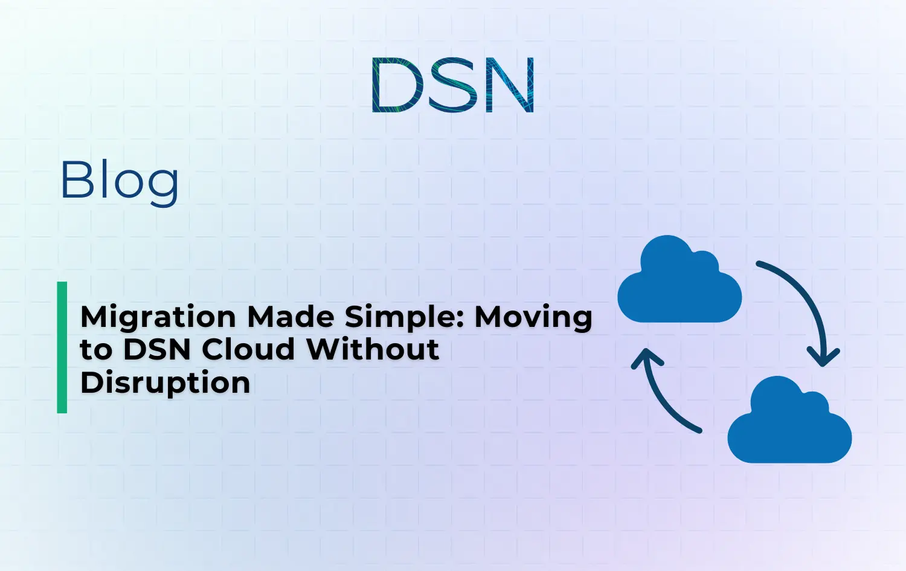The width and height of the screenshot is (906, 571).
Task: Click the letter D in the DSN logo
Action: tap(395, 85)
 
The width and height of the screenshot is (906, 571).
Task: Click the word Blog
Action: tap(119, 180)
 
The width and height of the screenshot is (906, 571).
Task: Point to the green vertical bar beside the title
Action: tap(62, 347)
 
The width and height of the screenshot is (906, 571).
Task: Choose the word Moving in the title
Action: tap(533, 317)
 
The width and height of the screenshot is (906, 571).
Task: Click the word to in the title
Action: tap(96, 350)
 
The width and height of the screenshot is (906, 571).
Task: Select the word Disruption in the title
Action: tap(165, 383)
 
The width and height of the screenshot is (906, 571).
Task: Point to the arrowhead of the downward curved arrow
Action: tap(823, 357)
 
